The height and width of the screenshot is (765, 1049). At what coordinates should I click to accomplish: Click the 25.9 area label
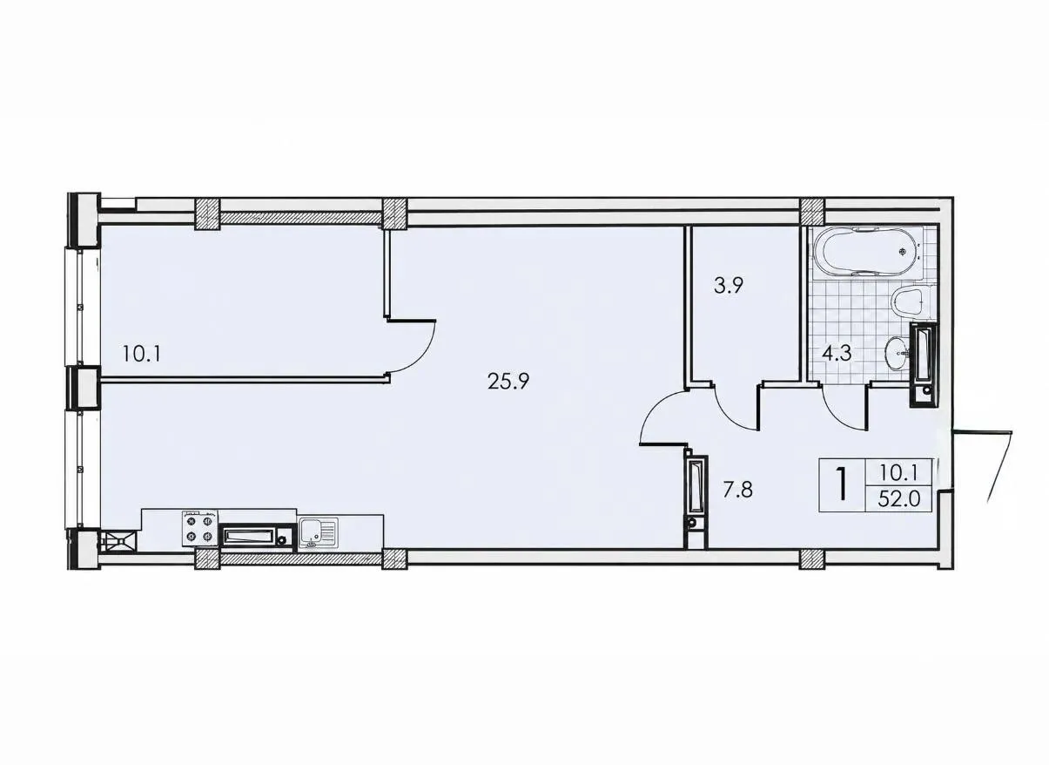[508, 382]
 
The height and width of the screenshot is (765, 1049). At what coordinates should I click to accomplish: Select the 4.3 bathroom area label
[837, 353]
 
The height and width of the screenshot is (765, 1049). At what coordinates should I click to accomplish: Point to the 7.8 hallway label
[737, 491]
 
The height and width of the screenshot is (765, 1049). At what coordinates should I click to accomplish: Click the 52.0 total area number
[899, 499]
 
